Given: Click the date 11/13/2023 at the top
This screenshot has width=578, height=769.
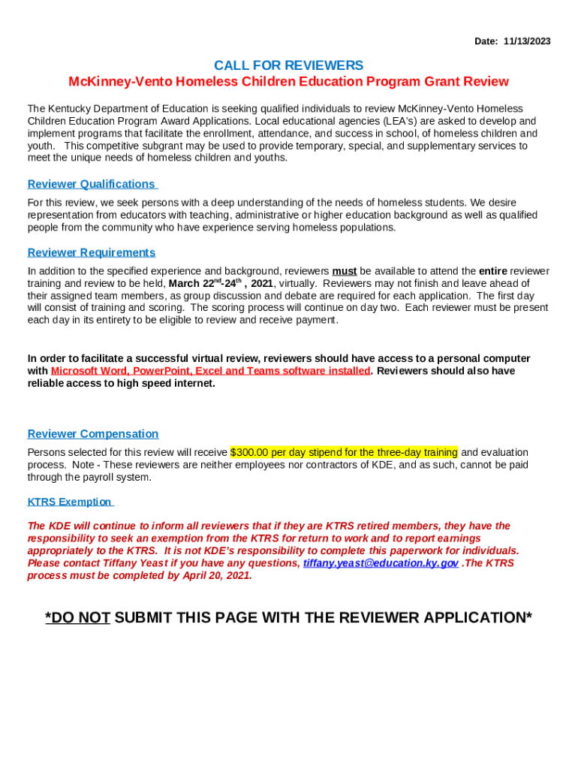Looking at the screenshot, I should click(527, 41).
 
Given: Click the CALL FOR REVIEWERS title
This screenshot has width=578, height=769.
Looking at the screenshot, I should click(288, 65).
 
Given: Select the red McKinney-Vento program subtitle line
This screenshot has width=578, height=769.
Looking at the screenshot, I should click(288, 81).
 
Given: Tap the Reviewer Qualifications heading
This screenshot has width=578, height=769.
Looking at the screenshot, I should click(91, 184).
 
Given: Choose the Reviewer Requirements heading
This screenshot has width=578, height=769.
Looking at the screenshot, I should click(91, 252).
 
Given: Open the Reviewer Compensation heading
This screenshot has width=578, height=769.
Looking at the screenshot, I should click(92, 433).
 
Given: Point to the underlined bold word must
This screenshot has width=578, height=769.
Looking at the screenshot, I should click(345, 271).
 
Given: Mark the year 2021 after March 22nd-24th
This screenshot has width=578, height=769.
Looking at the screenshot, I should click(263, 284).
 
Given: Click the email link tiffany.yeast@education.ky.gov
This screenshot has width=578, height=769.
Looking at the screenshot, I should click(381, 563).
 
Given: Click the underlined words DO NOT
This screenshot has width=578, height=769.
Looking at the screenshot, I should click(78, 618).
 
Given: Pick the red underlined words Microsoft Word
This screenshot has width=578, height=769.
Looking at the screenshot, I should click(83, 371).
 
